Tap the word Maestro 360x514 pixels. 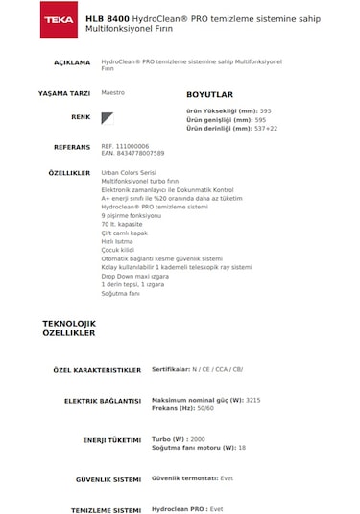(x=113, y=94)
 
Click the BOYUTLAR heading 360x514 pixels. (x=209, y=95)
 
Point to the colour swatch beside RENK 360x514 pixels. (x=108, y=118)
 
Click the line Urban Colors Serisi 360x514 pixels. (x=129, y=172)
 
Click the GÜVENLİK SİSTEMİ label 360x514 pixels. (x=108, y=477)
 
